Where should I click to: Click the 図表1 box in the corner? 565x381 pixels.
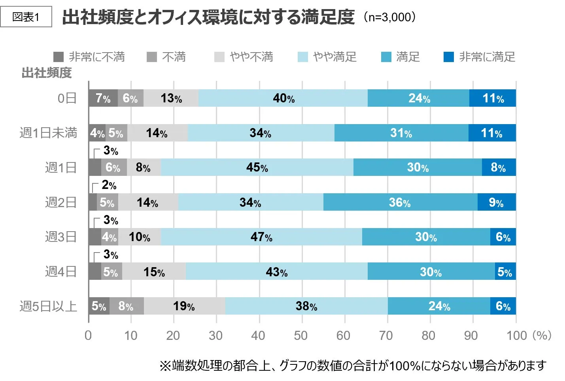[x=26, y=17]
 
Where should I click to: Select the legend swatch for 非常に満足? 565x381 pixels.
[x=448, y=57]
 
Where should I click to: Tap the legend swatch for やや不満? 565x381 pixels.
[x=219, y=57]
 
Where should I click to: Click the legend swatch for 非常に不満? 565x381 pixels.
[x=59, y=57]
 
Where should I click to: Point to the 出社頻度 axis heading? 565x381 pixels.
[x=47, y=73]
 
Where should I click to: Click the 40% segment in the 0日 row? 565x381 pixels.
[x=283, y=98]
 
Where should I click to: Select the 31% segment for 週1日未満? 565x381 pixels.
[x=401, y=133]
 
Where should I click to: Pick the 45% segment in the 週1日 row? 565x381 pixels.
[x=257, y=167]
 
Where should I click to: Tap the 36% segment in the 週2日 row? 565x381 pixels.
[x=400, y=202]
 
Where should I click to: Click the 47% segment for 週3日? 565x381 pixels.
[x=261, y=237]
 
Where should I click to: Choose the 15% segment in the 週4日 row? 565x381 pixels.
[x=154, y=272]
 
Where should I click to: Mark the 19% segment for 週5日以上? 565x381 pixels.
[x=184, y=306]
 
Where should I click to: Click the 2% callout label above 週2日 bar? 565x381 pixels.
[x=109, y=185]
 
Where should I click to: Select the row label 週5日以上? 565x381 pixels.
[x=48, y=306]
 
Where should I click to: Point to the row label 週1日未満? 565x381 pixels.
[x=48, y=133]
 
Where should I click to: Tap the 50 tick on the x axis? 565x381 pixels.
[x=300, y=336]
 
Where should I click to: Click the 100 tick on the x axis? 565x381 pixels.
[x=517, y=336]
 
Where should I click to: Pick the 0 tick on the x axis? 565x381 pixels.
[x=88, y=336]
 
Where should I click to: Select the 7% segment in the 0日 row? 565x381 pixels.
[x=103, y=98]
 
